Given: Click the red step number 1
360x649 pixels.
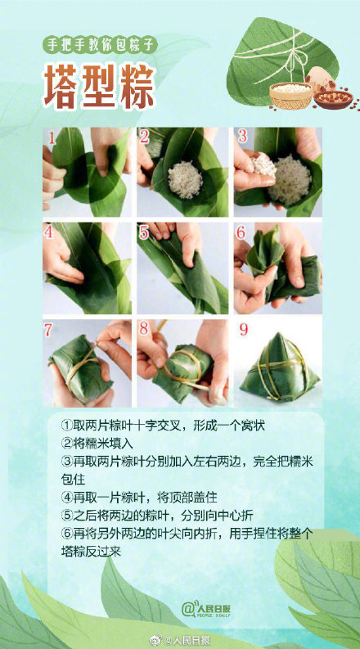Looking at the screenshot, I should click(x=51, y=137).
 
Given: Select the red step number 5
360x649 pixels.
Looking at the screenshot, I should click(x=144, y=232).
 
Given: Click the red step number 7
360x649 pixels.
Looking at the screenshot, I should click(x=51, y=329).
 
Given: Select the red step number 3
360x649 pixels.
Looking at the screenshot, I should click(x=242, y=136).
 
